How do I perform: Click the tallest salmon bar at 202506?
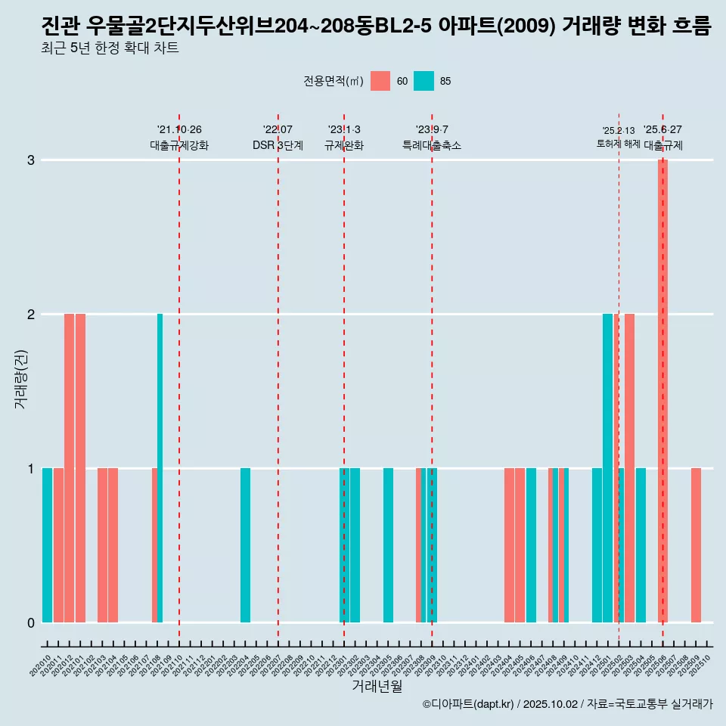(x=662, y=390)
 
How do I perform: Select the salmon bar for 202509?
(x=696, y=544)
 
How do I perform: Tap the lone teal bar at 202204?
(x=245, y=544)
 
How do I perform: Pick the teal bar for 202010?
(x=47, y=544)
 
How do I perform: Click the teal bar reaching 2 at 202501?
(x=607, y=467)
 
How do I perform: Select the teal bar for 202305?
(x=388, y=544)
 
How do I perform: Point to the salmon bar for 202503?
(x=629, y=467)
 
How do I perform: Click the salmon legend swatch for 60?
(x=380, y=81)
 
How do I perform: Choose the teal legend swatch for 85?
(x=424, y=81)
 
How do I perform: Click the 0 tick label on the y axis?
(x=31, y=622)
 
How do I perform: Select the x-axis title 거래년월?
(x=377, y=686)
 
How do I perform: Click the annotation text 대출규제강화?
(x=179, y=145)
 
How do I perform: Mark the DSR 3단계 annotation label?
(x=278, y=145)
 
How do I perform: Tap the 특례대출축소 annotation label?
(x=431, y=145)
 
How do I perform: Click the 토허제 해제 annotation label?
(x=618, y=144)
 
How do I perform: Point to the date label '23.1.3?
(x=344, y=129)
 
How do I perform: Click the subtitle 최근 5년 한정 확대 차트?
(x=110, y=48)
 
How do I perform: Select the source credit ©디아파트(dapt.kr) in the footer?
(x=469, y=704)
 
